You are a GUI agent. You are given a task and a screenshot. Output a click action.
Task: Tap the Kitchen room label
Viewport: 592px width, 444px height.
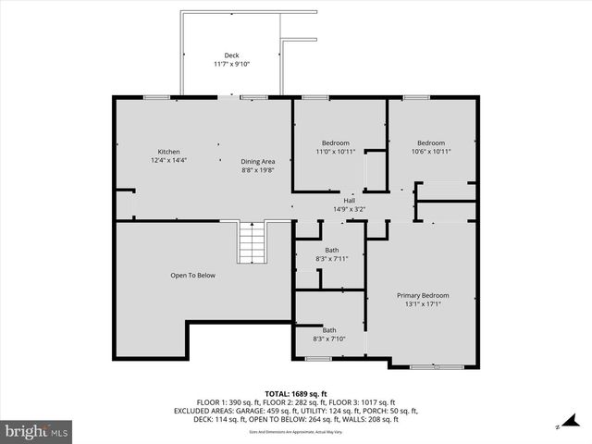[x=168, y=152]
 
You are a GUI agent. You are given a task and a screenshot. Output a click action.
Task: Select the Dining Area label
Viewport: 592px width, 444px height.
[x=258, y=161]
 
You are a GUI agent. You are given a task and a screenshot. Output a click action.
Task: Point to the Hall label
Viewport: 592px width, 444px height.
[x=349, y=201]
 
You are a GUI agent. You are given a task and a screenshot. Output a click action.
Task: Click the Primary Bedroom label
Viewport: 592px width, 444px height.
[x=422, y=295]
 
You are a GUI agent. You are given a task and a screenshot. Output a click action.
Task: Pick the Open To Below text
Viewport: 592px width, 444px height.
[x=192, y=275]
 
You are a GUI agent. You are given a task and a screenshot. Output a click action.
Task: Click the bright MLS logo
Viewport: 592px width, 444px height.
[x=37, y=431]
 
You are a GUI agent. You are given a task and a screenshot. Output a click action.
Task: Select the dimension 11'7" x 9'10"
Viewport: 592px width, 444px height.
[x=231, y=64]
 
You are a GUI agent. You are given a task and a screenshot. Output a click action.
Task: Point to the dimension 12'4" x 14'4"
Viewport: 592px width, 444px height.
[x=168, y=161]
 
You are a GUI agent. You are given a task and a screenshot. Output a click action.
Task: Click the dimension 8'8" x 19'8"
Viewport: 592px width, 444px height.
[x=258, y=170]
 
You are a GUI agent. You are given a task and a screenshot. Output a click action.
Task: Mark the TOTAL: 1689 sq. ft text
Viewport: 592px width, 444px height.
[x=296, y=393]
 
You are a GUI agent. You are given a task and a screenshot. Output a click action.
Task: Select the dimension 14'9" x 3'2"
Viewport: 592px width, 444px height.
[x=350, y=209]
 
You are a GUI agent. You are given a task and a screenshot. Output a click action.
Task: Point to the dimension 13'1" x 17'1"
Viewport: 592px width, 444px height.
[x=422, y=303]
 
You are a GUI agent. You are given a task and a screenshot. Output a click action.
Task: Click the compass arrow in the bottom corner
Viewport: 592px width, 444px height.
[x=559, y=427]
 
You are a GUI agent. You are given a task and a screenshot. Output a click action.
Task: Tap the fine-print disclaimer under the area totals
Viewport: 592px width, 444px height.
[x=296, y=432]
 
